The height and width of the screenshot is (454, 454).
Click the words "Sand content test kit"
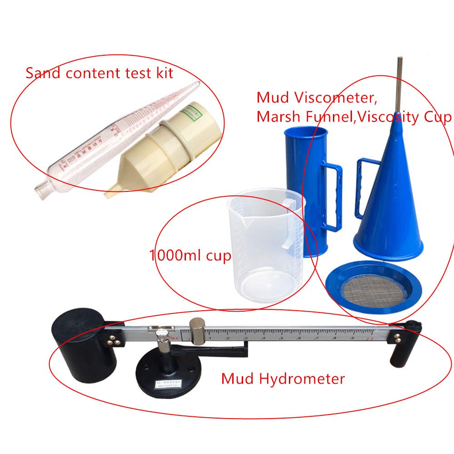pyautogui.click(x=99, y=73)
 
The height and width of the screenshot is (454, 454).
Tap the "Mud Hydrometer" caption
pyautogui.click(x=283, y=378)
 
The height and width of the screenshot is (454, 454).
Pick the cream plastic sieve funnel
pyautogui.click(x=163, y=150)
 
